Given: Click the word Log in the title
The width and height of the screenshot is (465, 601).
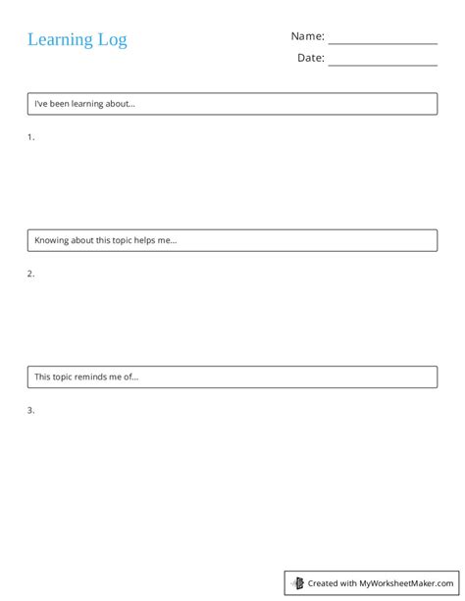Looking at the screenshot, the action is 112,40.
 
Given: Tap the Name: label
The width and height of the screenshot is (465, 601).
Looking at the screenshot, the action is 307,36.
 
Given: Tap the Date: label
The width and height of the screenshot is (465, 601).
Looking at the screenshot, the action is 311,58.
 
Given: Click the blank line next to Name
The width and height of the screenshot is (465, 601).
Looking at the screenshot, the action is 383,42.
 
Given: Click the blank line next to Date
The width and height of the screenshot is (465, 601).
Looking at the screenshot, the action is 383,64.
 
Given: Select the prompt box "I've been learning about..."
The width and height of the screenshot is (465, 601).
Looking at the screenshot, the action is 232,104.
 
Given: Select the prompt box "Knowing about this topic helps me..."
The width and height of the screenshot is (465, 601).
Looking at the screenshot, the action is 232,240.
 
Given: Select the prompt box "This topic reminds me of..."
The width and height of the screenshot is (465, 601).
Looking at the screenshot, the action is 232,376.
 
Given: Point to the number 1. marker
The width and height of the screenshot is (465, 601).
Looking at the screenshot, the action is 31,137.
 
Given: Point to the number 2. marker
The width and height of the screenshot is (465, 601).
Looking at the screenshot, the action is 31,274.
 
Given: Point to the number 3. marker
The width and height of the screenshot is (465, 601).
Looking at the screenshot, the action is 31,410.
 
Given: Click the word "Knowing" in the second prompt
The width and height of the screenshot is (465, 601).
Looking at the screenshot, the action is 52,240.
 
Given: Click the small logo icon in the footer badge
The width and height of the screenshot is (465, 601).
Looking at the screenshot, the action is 298,583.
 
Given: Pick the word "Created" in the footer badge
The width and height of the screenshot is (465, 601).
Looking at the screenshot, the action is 323,583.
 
